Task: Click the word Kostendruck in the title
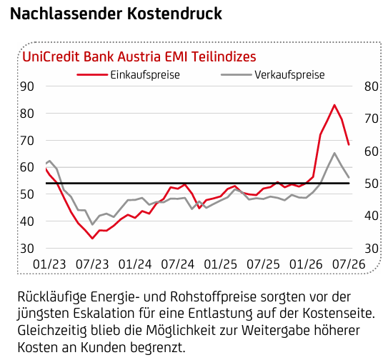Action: (x=174, y=14)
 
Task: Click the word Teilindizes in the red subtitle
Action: (x=224, y=56)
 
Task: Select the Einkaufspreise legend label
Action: (x=145, y=75)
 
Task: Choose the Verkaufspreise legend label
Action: (x=289, y=75)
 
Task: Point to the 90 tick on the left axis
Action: (x=27, y=86)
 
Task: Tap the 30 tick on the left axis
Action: (x=27, y=249)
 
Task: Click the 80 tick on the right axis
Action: (x=372, y=86)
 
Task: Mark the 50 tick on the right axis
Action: (x=372, y=184)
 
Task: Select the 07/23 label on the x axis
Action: (x=92, y=264)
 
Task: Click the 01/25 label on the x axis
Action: (x=221, y=264)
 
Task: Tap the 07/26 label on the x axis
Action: (x=349, y=264)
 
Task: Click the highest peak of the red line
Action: (x=334, y=105)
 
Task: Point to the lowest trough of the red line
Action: (x=92, y=239)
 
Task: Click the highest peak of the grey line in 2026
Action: (x=334, y=153)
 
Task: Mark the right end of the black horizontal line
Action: (x=349, y=184)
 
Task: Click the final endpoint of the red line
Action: (x=349, y=145)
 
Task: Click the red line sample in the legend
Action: (x=92, y=74)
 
